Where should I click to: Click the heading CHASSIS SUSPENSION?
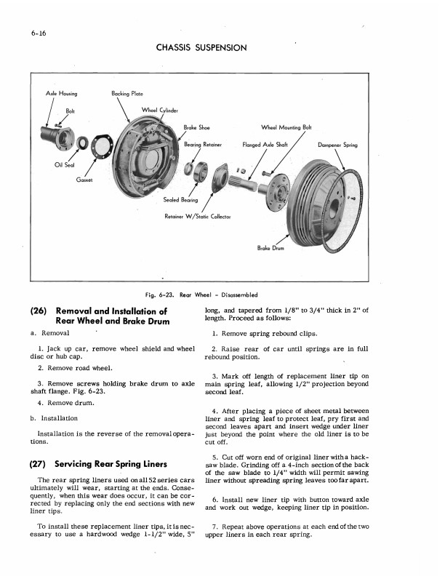(x=201, y=47)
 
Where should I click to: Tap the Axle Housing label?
(x=62, y=94)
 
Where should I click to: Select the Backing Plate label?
(x=127, y=94)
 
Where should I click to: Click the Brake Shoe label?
(x=196, y=127)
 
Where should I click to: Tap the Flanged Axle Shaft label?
(x=266, y=145)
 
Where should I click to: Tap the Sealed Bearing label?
(x=182, y=199)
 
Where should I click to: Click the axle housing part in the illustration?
(x=56, y=135)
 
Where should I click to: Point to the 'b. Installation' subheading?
(x=53, y=418)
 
